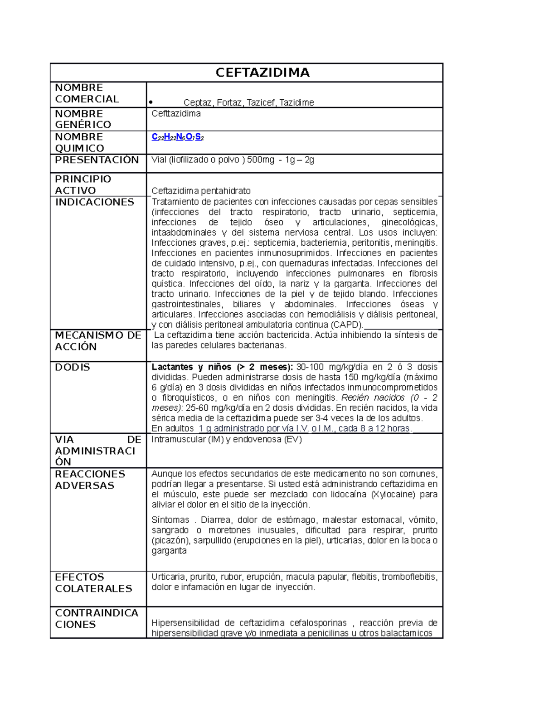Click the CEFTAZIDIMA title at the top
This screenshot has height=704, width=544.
pyautogui.click(x=262, y=73)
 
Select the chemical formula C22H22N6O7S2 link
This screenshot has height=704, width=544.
pyautogui.click(x=178, y=137)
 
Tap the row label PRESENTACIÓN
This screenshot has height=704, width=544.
pyautogui.click(x=97, y=160)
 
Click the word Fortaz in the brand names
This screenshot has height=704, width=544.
pyautogui.click(x=229, y=102)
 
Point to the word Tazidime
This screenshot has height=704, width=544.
pyautogui.click(x=296, y=102)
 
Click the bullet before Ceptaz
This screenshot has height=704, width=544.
pyautogui.click(x=151, y=103)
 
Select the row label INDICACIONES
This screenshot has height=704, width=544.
pyautogui.click(x=94, y=202)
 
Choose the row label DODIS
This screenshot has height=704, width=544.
pyautogui.click(x=73, y=367)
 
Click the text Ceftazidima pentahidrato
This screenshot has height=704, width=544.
pyautogui.click(x=201, y=191)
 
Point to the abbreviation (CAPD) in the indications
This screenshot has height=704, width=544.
pyautogui.click(x=347, y=325)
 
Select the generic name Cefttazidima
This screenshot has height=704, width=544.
pyautogui.click(x=176, y=113)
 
